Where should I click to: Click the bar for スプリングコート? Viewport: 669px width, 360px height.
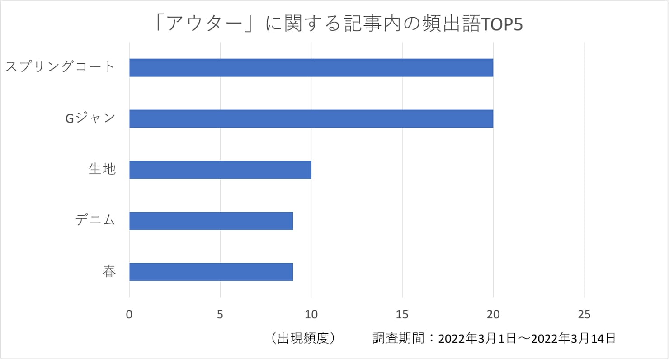tap(311, 68)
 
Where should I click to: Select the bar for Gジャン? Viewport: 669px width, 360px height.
tap(311, 118)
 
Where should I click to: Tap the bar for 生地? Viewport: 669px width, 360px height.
tap(220, 170)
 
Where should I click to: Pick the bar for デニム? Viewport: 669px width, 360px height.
tap(211, 221)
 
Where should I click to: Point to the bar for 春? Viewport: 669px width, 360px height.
tap(211, 272)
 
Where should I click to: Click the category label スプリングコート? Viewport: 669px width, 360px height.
tap(60, 67)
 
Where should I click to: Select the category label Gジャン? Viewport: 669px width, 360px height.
tap(90, 118)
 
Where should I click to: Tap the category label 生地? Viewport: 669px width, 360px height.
tap(103, 170)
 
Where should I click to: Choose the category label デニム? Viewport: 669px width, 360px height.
tap(95, 221)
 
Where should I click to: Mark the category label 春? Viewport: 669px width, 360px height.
tap(109, 272)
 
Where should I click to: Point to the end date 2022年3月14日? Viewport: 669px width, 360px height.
tap(574, 338)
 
